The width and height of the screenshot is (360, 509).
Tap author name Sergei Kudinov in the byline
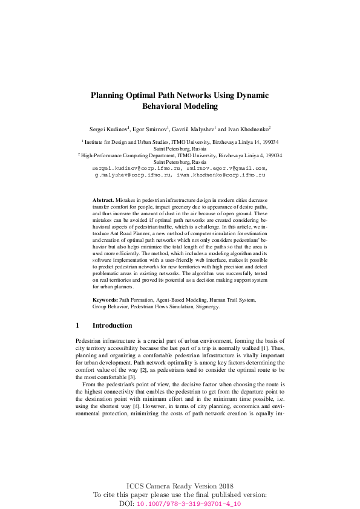pos(108,129)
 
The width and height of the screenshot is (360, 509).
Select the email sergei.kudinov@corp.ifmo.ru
pos(133,168)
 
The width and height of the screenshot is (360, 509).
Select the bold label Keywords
pos(105,300)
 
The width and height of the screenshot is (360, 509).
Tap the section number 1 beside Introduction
pos(77,325)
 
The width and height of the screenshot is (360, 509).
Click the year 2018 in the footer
pos(223,486)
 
